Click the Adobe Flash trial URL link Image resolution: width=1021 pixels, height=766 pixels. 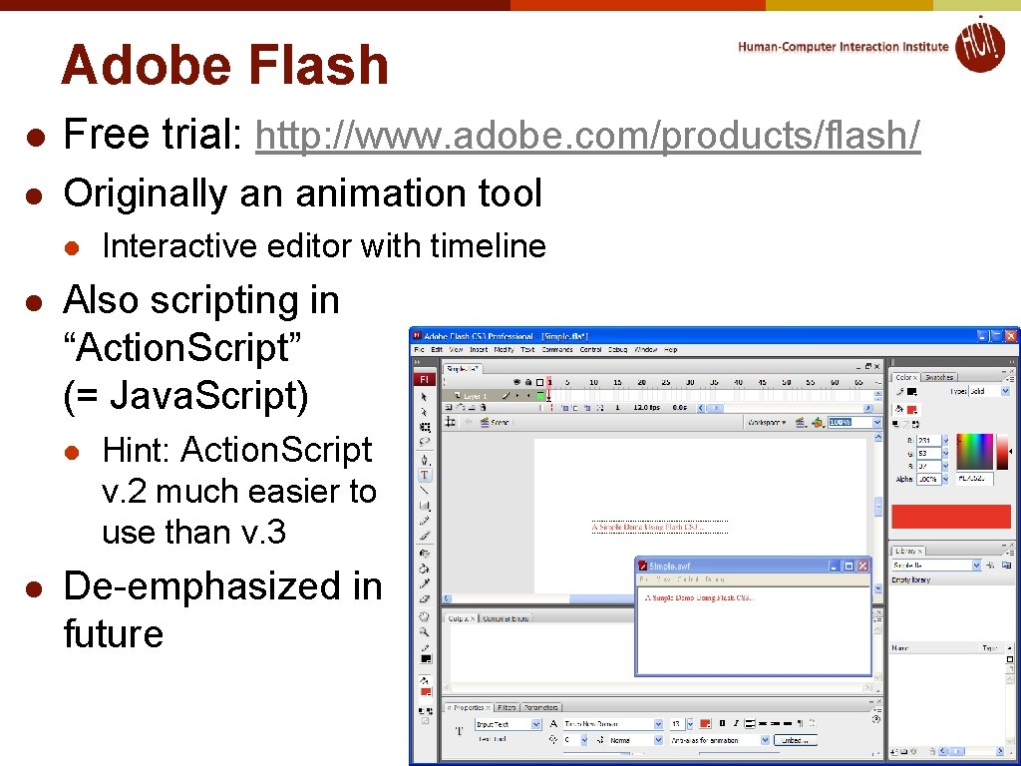pyautogui.click(x=588, y=136)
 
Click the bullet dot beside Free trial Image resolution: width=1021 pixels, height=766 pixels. pyautogui.click(x=33, y=137)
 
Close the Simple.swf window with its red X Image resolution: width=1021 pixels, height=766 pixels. pyautogui.click(x=862, y=566)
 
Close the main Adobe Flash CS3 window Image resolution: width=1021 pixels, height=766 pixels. pyautogui.click(x=1011, y=335)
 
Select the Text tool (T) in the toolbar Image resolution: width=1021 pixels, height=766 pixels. pyautogui.click(x=425, y=476)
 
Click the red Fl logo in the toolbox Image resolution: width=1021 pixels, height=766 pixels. pyautogui.click(x=424, y=379)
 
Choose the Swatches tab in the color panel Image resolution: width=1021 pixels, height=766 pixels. pyautogui.click(x=939, y=377)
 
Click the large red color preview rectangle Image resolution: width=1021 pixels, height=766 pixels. pyautogui.click(x=950, y=516)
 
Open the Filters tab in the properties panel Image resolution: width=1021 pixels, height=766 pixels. pyautogui.click(x=507, y=707)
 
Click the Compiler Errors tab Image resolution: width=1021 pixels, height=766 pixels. pyautogui.click(x=506, y=618)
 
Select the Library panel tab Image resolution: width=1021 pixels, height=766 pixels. pyautogui.click(x=907, y=551)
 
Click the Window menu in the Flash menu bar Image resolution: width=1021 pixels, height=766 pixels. pyautogui.click(x=646, y=350)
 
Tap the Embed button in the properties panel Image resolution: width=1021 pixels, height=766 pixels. pyautogui.click(x=795, y=740)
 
